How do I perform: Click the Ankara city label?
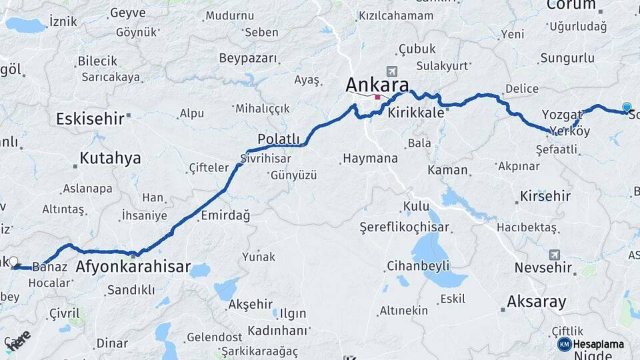[x=377, y=85]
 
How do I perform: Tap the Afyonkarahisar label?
[x=133, y=268]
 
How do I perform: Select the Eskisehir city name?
[x=90, y=119]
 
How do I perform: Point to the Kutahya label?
[x=110, y=158]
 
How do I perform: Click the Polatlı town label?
[x=279, y=139]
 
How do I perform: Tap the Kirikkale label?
[x=417, y=113]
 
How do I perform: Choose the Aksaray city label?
[x=536, y=301]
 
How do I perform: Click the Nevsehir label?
[x=543, y=268]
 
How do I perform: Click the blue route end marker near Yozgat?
[x=627, y=107]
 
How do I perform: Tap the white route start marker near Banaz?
[x=13, y=261]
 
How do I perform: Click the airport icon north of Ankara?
[x=391, y=71]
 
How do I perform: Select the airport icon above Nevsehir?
[x=555, y=254]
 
